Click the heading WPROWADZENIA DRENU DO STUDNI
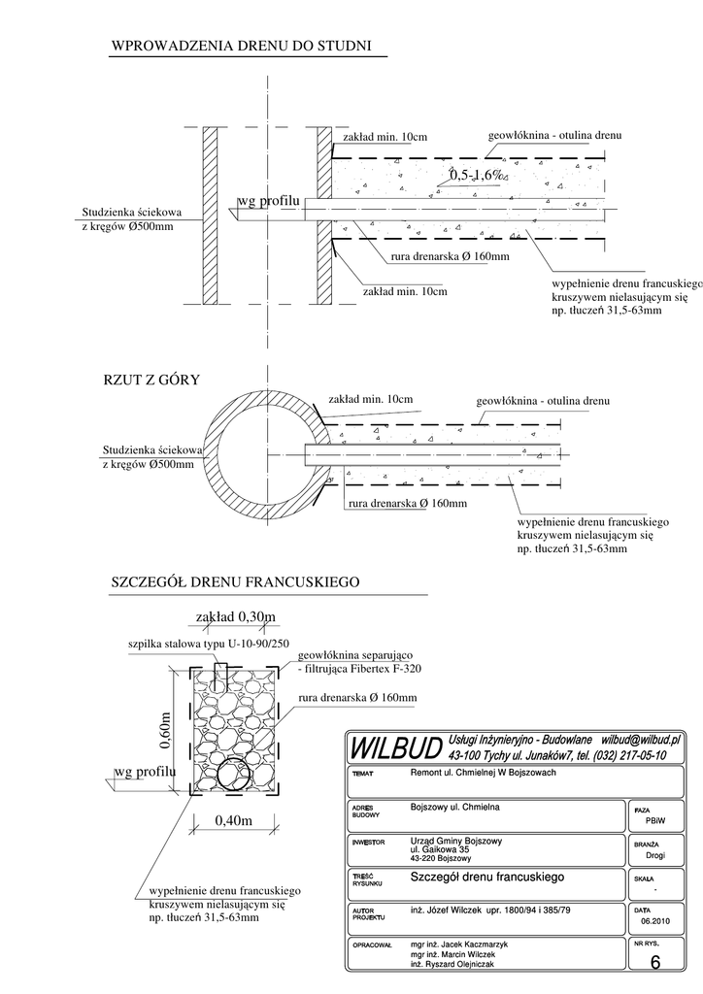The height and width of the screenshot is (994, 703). [x=242, y=46]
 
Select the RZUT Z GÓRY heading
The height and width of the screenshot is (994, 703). [x=151, y=380]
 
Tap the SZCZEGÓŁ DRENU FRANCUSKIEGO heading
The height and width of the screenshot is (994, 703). [x=237, y=582]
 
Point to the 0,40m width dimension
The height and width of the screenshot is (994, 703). [x=232, y=821]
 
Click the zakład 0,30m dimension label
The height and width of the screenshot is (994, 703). [x=235, y=617]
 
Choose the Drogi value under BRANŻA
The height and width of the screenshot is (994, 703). [x=654, y=856]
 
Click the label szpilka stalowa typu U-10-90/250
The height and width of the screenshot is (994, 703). [x=206, y=644]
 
